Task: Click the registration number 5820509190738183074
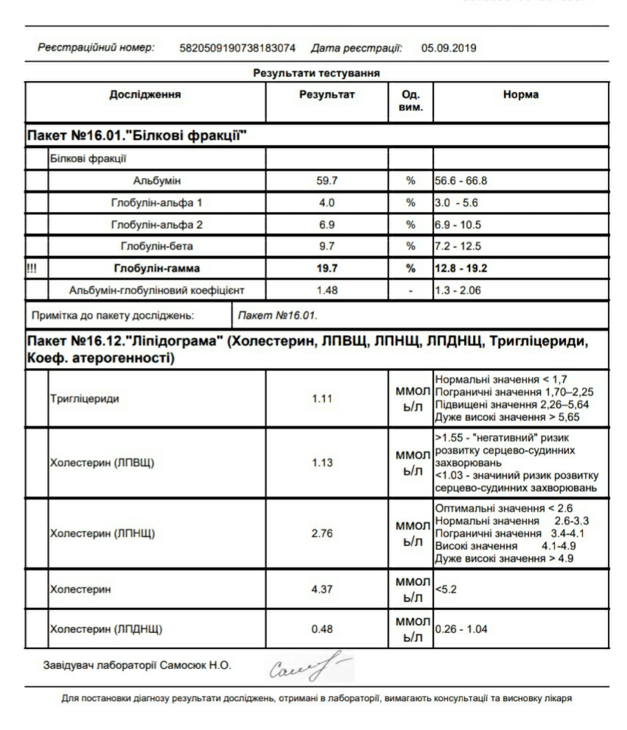pyautogui.click(x=237, y=49)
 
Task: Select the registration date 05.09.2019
pyautogui.click(x=449, y=49)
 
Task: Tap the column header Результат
pyautogui.click(x=326, y=95)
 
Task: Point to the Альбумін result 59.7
pyautogui.click(x=326, y=180)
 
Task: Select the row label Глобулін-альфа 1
pyautogui.click(x=156, y=202)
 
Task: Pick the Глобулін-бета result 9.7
pyautogui.click(x=326, y=247)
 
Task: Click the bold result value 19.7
pyautogui.click(x=326, y=269)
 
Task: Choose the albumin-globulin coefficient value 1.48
pyautogui.click(x=326, y=291)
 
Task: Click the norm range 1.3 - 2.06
pyautogui.click(x=458, y=291)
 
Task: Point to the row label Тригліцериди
pyautogui.click(x=83, y=399)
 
